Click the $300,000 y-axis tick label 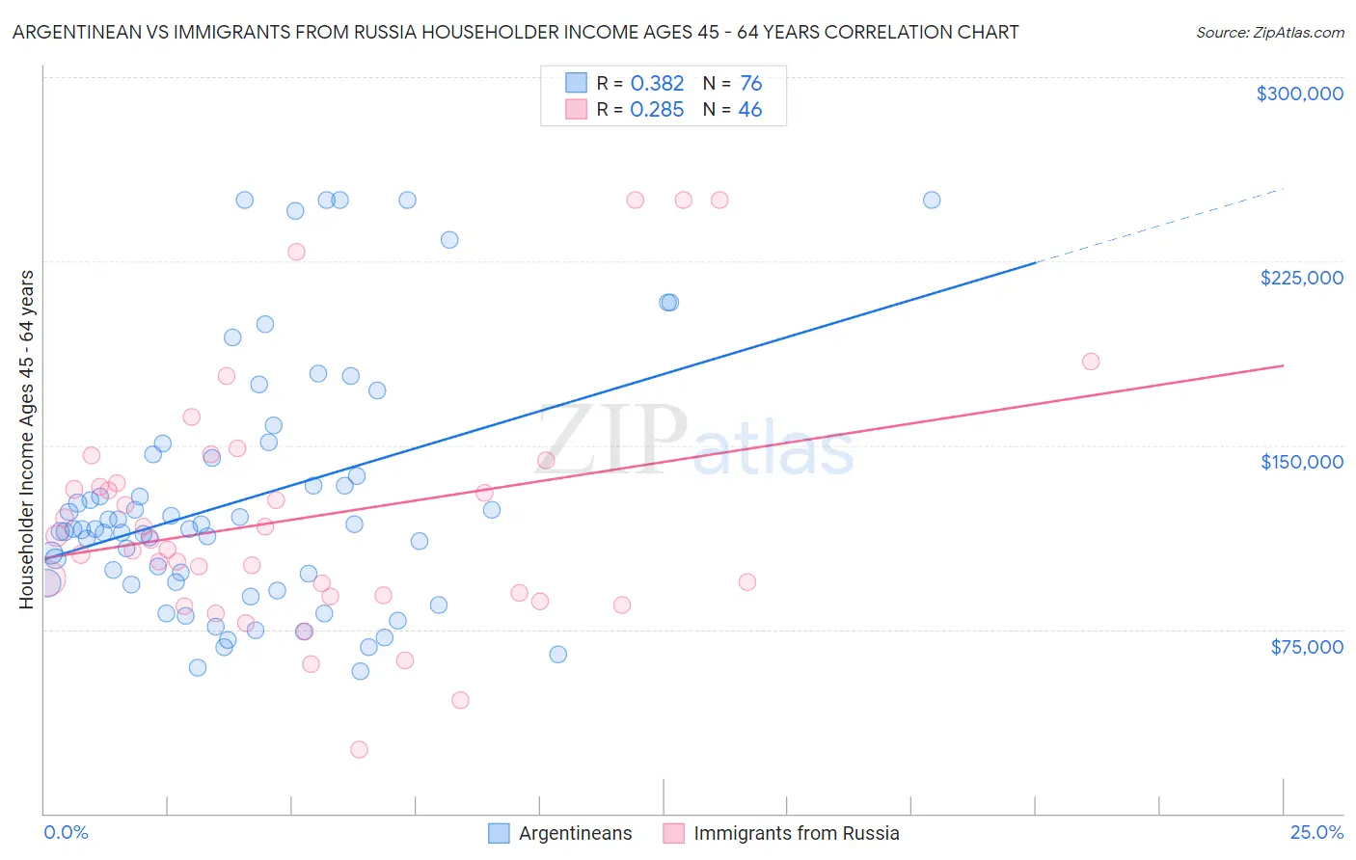coord(1299,94)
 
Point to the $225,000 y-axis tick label coord(1301,278)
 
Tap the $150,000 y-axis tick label coord(1301,462)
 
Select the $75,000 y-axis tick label coord(1306,647)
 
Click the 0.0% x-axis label coord(66,832)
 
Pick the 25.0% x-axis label coord(1316,832)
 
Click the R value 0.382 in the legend coord(657,83)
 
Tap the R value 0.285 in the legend coord(657,109)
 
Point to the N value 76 coord(750,83)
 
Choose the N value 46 coord(750,109)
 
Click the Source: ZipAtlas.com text coord(1269,32)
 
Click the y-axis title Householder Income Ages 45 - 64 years coord(26,440)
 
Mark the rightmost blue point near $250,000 coord(932,201)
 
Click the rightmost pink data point coord(1091,362)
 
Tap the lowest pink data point coord(359,749)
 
